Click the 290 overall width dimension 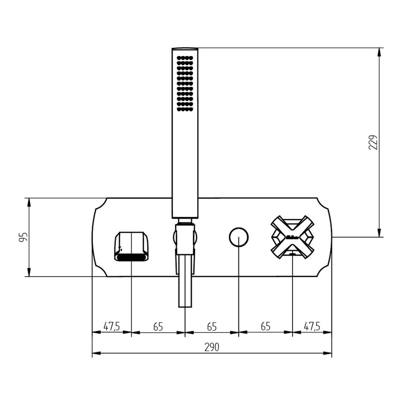(x=212, y=347)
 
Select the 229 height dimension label (x=373, y=142)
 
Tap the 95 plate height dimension (x=23, y=237)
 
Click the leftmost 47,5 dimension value (x=111, y=326)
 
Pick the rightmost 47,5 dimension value (x=312, y=326)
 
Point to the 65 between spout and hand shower (x=158, y=327)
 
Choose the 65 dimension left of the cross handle (x=265, y=326)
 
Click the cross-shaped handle (x=292, y=237)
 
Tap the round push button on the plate (x=239, y=237)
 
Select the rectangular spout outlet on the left (x=132, y=246)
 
